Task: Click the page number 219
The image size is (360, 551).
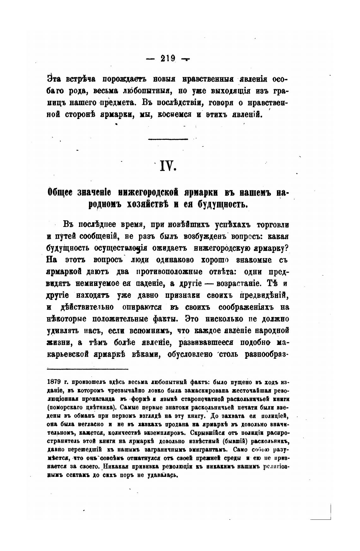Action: (168, 58)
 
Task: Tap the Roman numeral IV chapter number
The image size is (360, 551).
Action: (167, 165)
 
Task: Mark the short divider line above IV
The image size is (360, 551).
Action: (168, 139)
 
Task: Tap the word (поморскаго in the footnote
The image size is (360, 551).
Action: (65, 406)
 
